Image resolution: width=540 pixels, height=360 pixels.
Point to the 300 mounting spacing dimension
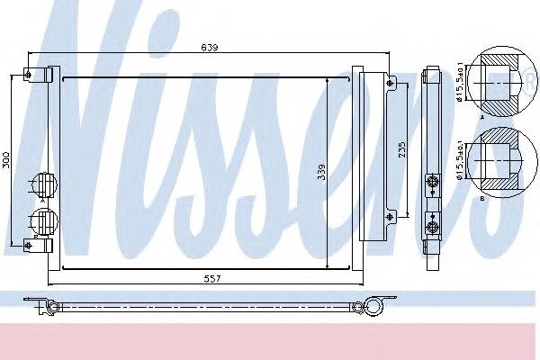tap(6, 160)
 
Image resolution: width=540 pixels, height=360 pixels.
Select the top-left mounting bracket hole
tap(29, 74)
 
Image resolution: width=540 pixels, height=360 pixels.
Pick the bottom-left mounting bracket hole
tap(29, 245)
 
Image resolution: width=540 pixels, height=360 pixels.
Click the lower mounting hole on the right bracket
tap(390, 214)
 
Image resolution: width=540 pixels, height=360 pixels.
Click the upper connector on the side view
tap(433, 182)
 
